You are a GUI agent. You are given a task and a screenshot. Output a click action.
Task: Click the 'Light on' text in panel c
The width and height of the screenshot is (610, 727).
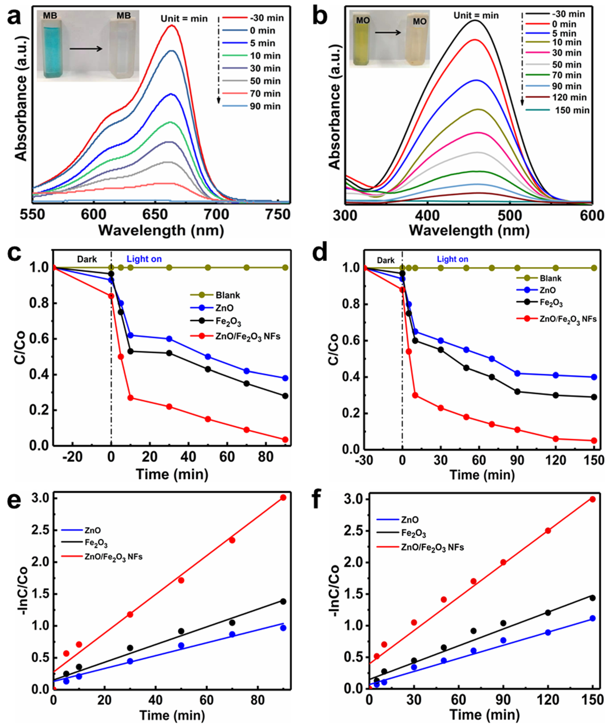[x=144, y=259]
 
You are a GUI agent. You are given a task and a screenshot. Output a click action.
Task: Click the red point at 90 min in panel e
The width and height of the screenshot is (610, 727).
[x=283, y=497]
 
